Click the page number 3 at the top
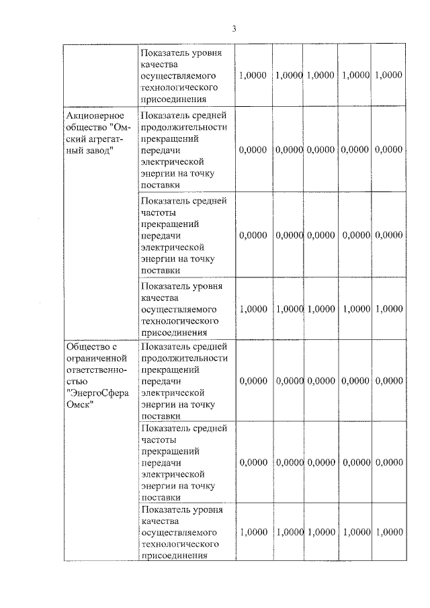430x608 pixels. click(234, 28)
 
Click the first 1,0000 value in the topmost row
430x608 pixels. click(253, 75)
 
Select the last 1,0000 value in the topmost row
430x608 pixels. click(389, 75)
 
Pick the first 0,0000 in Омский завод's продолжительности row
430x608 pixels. click(253, 150)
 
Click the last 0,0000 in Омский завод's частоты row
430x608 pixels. click(389, 235)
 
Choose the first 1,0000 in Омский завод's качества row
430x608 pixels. click(253, 309)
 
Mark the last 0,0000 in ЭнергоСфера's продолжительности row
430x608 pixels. click(389, 381)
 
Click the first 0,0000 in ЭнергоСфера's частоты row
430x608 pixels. click(253, 463)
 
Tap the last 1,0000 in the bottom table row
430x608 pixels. click(389, 532)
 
